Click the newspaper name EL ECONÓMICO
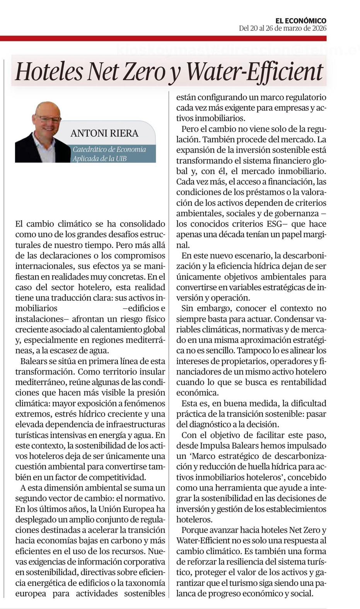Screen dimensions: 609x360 point(300,20)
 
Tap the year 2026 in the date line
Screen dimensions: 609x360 point(319,28)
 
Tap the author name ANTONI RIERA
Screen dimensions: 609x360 point(104,133)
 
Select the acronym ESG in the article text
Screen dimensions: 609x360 point(276,224)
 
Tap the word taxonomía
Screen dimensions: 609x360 point(143,583)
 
